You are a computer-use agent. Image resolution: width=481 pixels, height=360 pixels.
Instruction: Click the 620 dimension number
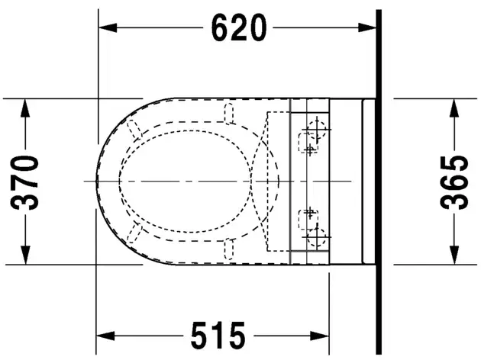(239, 27)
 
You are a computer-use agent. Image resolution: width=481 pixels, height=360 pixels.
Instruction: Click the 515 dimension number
(218, 336)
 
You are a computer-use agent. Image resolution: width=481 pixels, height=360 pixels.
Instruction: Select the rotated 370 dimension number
(24, 182)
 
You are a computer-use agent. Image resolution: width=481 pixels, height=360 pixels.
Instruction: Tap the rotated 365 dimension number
(454, 182)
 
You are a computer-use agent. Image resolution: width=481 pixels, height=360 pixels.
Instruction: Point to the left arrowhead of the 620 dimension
(108, 27)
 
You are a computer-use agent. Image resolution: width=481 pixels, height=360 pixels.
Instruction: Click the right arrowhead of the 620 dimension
(367, 27)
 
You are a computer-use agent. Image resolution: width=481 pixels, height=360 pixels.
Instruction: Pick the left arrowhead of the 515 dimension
(105, 336)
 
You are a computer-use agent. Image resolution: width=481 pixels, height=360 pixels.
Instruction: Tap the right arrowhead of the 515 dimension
(320, 336)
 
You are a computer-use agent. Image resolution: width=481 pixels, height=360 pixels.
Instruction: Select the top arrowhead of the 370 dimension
(25, 108)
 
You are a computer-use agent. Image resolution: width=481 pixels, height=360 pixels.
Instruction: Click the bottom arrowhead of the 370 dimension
(25, 256)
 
